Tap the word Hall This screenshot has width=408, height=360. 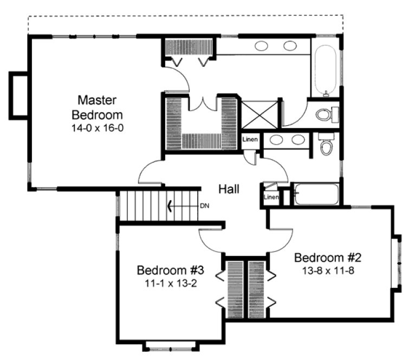point(229,189)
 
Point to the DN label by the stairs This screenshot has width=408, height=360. point(204,206)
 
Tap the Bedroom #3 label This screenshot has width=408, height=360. point(170,270)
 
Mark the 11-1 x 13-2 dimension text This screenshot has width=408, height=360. point(170,282)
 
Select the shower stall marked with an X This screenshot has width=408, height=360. point(258,115)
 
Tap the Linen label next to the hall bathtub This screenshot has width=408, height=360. point(271,197)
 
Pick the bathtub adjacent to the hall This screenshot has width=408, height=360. point(316,194)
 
